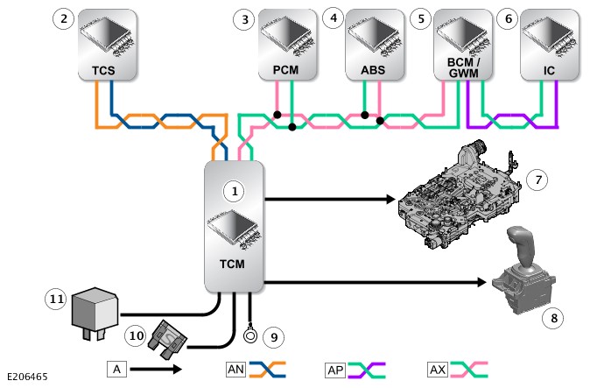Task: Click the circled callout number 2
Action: pyautogui.click(x=62, y=18)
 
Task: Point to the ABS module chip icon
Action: pyautogui.click(x=371, y=33)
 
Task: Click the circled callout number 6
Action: pyautogui.click(x=507, y=18)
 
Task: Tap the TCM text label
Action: pyautogui.click(x=232, y=264)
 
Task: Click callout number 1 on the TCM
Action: pyautogui.click(x=232, y=189)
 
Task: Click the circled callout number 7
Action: pyautogui.click(x=537, y=180)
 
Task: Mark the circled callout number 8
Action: pyautogui.click(x=551, y=317)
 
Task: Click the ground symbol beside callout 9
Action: pyautogui.click(x=250, y=334)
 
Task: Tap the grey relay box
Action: pyautogui.click(x=95, y=307)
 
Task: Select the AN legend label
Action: pyautogui.click(x=235, y=370)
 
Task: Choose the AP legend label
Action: pyautogui.click(x=334, y=370)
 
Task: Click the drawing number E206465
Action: pyautogui.click(x=25, y=377)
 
